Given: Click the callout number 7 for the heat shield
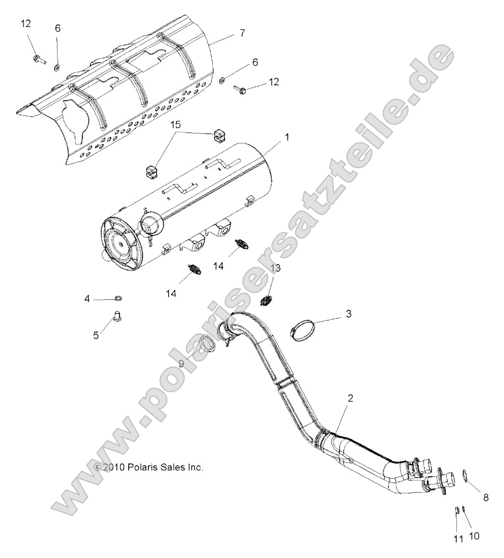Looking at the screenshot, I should coord(241,34).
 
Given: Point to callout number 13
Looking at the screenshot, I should coord(275,268).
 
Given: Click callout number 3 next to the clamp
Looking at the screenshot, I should coord(348,314).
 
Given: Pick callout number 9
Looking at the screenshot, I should coord(182,364).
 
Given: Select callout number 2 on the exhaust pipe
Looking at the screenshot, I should coord(350,398).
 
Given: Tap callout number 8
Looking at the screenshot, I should coord(486,497).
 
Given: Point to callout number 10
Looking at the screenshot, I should coord(475,536).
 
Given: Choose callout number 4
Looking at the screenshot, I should coord(87,299).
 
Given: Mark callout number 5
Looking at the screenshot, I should coord(96,336).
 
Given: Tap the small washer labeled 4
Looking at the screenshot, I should coord(118,299).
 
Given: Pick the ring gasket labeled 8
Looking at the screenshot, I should coord(465,475).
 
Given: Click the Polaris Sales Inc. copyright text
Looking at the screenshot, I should coord(148,467).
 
